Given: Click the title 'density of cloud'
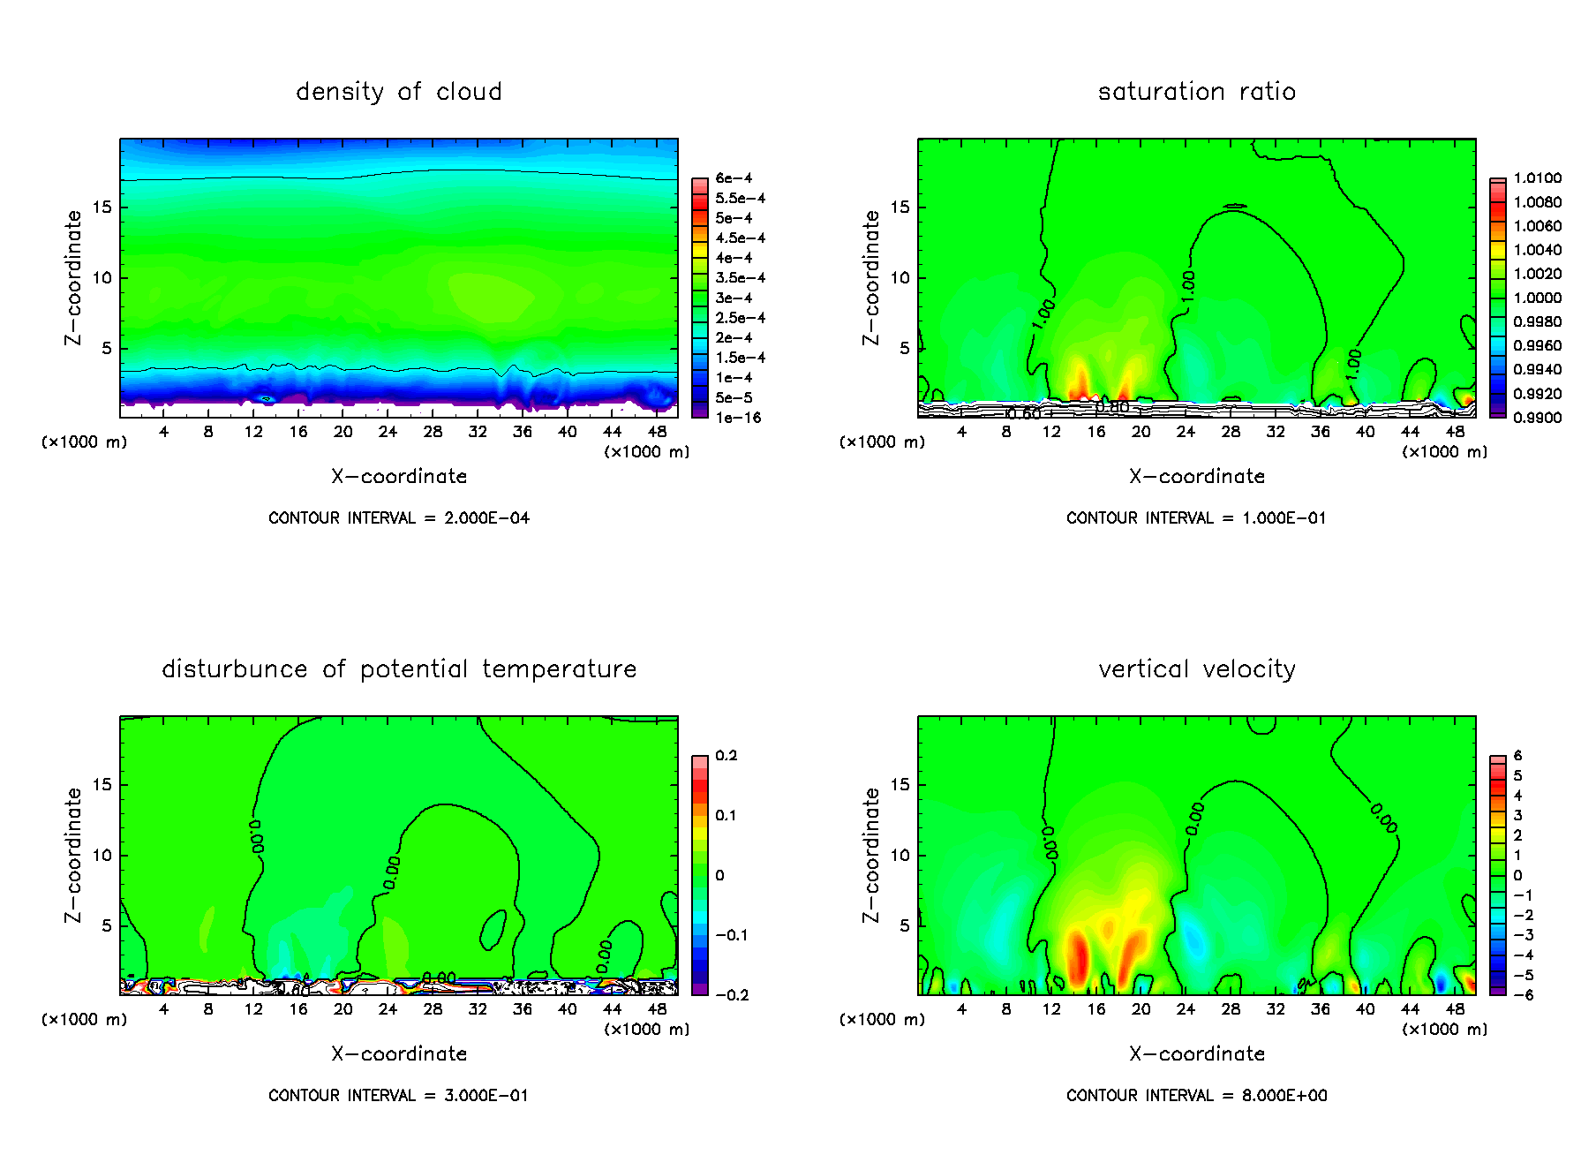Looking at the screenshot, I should point(399,92).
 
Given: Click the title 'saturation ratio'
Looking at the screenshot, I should point(1197,92).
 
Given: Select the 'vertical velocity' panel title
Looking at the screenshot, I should point(1197,669).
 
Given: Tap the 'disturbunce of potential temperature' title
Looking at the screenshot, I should point(399,669).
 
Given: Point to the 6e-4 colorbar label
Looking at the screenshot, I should point(734,178).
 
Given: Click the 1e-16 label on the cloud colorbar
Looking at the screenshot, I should point(738,418).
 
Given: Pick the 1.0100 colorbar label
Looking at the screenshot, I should point(1537,178).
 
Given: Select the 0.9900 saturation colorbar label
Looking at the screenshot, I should point(1537,418).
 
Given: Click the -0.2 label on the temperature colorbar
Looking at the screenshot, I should point(732,995).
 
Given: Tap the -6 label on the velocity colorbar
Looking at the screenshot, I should point(1523,995).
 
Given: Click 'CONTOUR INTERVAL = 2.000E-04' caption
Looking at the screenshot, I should point(399,518).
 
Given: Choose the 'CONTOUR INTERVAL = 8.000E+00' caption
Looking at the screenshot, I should point(1197,1096).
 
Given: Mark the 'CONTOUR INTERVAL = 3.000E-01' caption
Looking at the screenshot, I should point(399,1096).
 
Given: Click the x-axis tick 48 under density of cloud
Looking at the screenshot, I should point(657,432).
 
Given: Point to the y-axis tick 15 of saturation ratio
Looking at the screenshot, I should point(899,208).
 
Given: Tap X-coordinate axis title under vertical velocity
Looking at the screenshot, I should point(1197,1054).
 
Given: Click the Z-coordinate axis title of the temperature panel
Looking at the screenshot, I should point(73,855).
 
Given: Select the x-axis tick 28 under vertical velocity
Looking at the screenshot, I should point(1231,1009).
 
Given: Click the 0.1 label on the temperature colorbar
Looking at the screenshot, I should point(726,816).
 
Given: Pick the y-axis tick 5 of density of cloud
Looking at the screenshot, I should point(107,349).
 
